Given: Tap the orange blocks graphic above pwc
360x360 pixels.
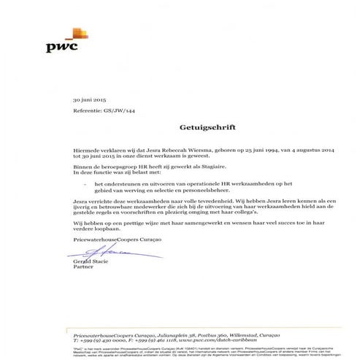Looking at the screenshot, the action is pyautogui.click(x=79, y=33).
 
